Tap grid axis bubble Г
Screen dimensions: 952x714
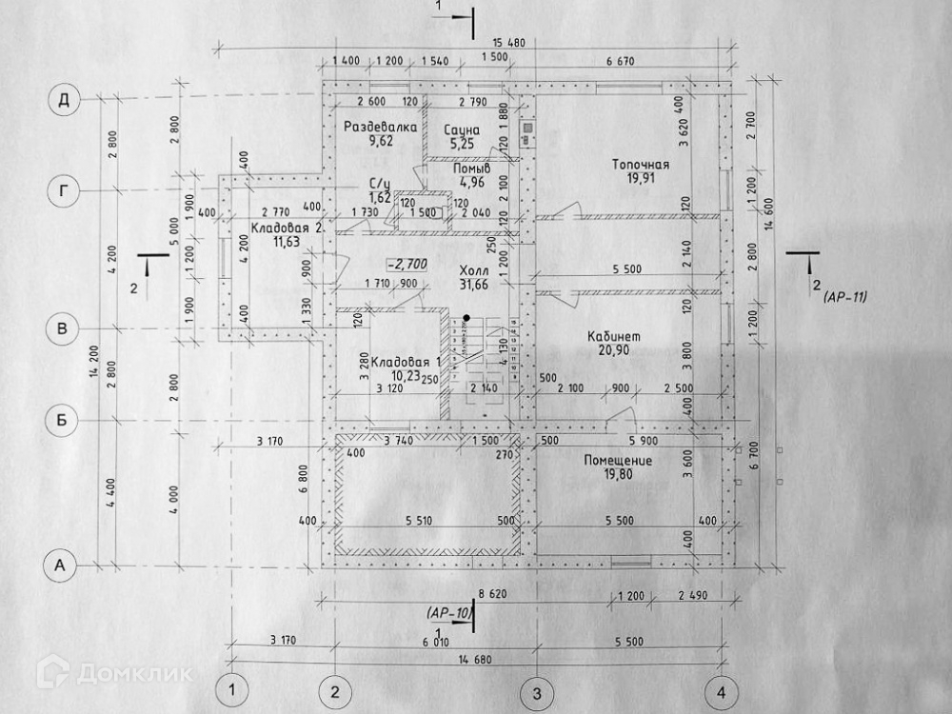coord(64,191)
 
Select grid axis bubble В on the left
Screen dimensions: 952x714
coord(64,329)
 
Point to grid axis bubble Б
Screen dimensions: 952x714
coord(63,420)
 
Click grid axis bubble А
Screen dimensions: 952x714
coord(63,565)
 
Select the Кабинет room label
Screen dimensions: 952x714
coord(615,337)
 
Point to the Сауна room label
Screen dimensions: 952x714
coord(460,129)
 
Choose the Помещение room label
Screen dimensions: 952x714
coord(618,461)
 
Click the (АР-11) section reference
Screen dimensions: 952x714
coord(846,299)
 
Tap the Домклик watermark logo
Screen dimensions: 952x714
coord(114,674)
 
